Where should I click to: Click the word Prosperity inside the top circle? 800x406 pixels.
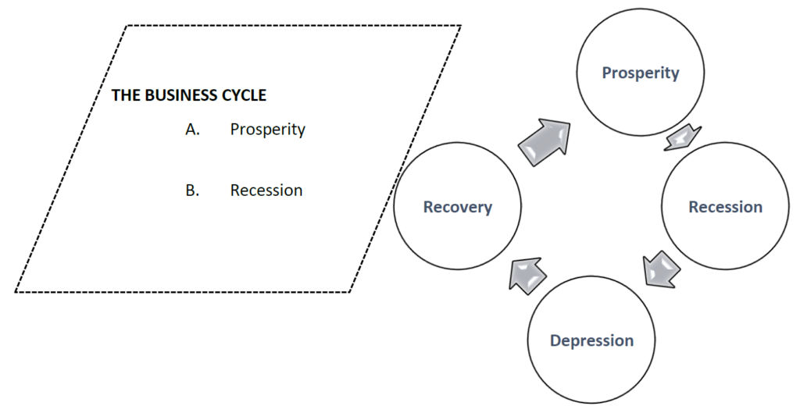point(640,73)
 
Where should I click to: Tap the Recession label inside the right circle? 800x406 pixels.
point(725,207)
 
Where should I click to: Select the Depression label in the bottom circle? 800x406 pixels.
point(591,340)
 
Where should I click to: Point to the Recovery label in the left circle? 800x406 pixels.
point(457,207)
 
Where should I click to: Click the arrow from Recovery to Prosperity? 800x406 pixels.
point(544,141)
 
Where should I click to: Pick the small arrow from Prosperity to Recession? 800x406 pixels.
point(681,137)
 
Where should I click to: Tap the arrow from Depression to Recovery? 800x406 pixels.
point(527,273)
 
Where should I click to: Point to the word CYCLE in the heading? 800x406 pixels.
point(244,96)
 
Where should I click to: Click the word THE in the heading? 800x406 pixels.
point(126,96)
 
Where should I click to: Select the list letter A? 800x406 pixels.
point(192,130)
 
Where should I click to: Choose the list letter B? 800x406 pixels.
point(192,191)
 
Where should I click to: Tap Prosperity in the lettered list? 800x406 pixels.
point(267,130)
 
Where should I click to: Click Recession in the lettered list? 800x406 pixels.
point(266,191)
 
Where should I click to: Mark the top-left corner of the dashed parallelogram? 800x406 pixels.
point(126,26)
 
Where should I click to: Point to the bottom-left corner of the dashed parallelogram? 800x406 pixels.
point(16,292)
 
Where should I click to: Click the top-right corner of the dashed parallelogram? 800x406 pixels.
point(460,26)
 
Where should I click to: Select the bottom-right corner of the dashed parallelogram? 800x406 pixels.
point(350,292)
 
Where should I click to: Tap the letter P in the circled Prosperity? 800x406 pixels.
point(607,73)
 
